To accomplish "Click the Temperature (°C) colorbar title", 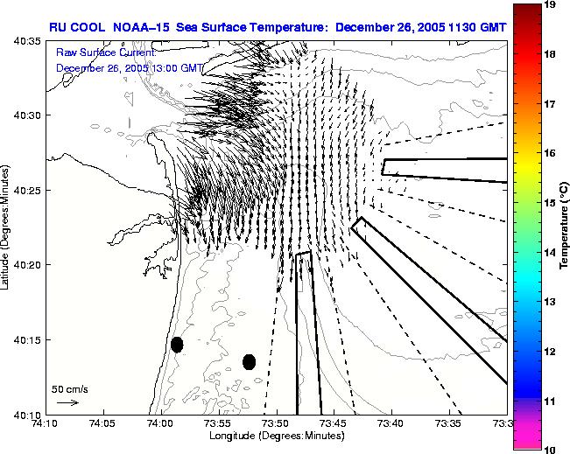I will coord(566,227).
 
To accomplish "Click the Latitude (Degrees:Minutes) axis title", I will coord(6,227).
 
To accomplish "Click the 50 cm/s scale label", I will coord(66,388).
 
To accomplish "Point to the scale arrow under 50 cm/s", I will coord(67,402).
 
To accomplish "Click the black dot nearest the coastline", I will coord(177,345).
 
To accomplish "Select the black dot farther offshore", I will coord(249,361).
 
